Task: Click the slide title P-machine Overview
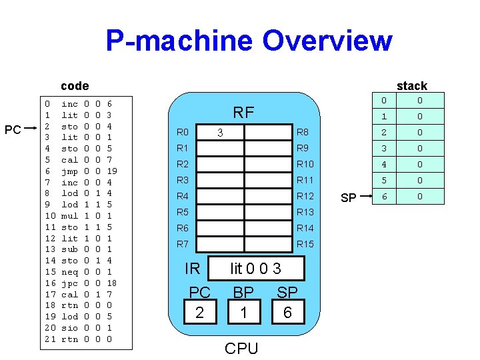pyautogui.click(x=248, y=41)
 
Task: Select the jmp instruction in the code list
pyautogui.click(x=69, y=171)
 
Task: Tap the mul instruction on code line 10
pyautogui.click(x=69, y=216)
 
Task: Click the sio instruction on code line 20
pyautogui.click(x=69, y=328)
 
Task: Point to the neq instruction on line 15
pyautogui.click(x=69, y=272)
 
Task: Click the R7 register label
pyautogui.click(x=183, y=244)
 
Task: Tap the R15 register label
pyautogui.click(x=305, y=244)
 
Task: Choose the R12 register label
pyautogui.click(x=305, y=196)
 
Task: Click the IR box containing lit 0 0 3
pyautogui.click(x=255, y=269)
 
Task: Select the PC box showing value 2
pyautogui.click(x=199, y=312)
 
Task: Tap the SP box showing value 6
pyautogui.click(x=287, y=312)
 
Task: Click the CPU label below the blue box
pyautogui.click(x=241, y=348)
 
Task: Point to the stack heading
pyautogui.click(x=411, y=85)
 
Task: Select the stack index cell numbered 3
pyautogui.click(x=383, y=149)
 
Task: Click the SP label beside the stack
pyautogui.click(x=348, y=198)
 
